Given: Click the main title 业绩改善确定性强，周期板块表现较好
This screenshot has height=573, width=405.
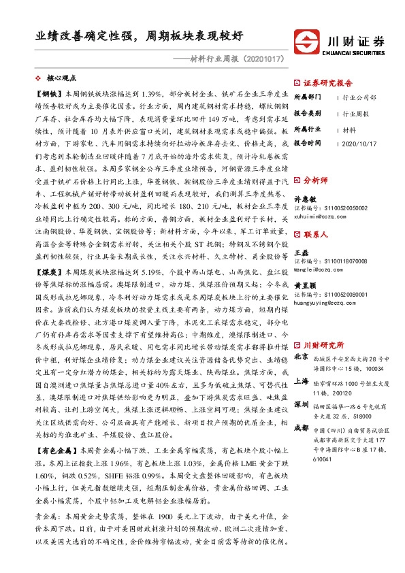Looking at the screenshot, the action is pos(140,35).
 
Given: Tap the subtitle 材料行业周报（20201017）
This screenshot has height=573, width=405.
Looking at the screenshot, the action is pos(232,60).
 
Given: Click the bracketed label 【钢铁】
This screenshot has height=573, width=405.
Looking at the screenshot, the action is pos(48,94).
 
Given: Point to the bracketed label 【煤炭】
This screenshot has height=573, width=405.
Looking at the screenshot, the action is pos(48,272).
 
